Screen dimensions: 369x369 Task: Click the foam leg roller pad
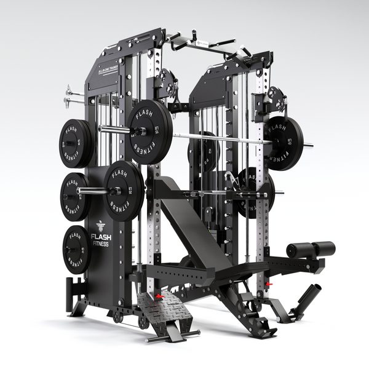(311, 250)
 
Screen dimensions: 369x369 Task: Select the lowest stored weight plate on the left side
(76, 249)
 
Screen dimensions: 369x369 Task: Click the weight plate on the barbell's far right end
(284, 143)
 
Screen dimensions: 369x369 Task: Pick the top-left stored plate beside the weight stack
(76, 143)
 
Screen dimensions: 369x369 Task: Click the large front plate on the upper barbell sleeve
(150, 131)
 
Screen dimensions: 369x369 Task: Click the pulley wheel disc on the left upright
(168, 83)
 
